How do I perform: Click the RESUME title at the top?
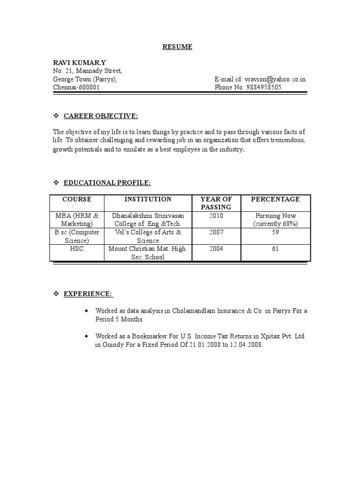click(177, 46)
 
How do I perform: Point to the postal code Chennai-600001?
click(76, 88)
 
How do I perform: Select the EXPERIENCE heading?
click(88, 293)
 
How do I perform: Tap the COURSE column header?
click(77, 199)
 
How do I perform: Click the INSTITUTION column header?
click(148, 199)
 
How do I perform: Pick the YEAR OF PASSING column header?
click(216, 203)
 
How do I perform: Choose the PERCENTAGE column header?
click(275, 199)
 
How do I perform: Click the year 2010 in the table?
click(217, 216)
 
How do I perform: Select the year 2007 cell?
click(217, 232)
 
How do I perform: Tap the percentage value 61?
click(275, 248)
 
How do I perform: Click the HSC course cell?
click(77, 248)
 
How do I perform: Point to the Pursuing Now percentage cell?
click(275, 220)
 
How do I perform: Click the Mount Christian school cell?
click(148, 253)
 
